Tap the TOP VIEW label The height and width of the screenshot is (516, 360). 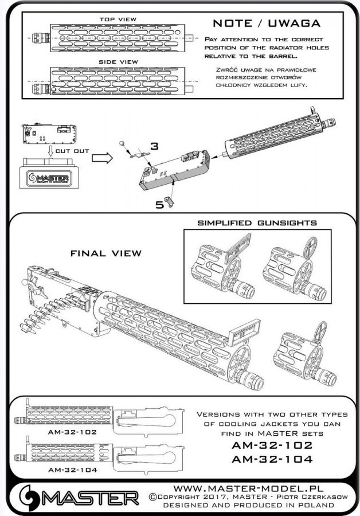point(118,19)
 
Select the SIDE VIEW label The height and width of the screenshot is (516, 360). point(118,62)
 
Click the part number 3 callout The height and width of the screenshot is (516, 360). point(154,147)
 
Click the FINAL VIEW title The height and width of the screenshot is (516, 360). point(105,253)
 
